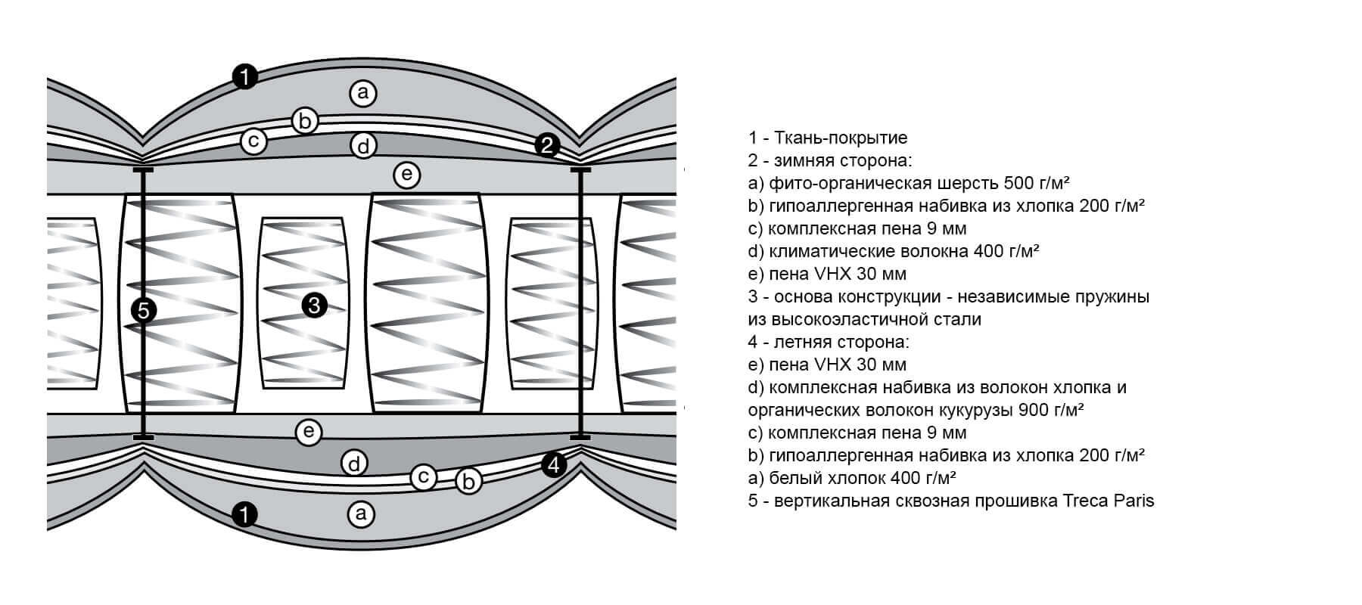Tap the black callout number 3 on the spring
pyautogui.click(x=315, y=306)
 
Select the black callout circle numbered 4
pyautogui.click(x=555, y=465)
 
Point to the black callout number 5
pyautogui.click(x=144, y=310)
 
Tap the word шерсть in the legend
pyautogui.click(x=972, y=183)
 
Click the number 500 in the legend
pyautogui.click(x=1019, y=183)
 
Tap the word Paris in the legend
pyautogui.click(x=1133, y=501)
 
